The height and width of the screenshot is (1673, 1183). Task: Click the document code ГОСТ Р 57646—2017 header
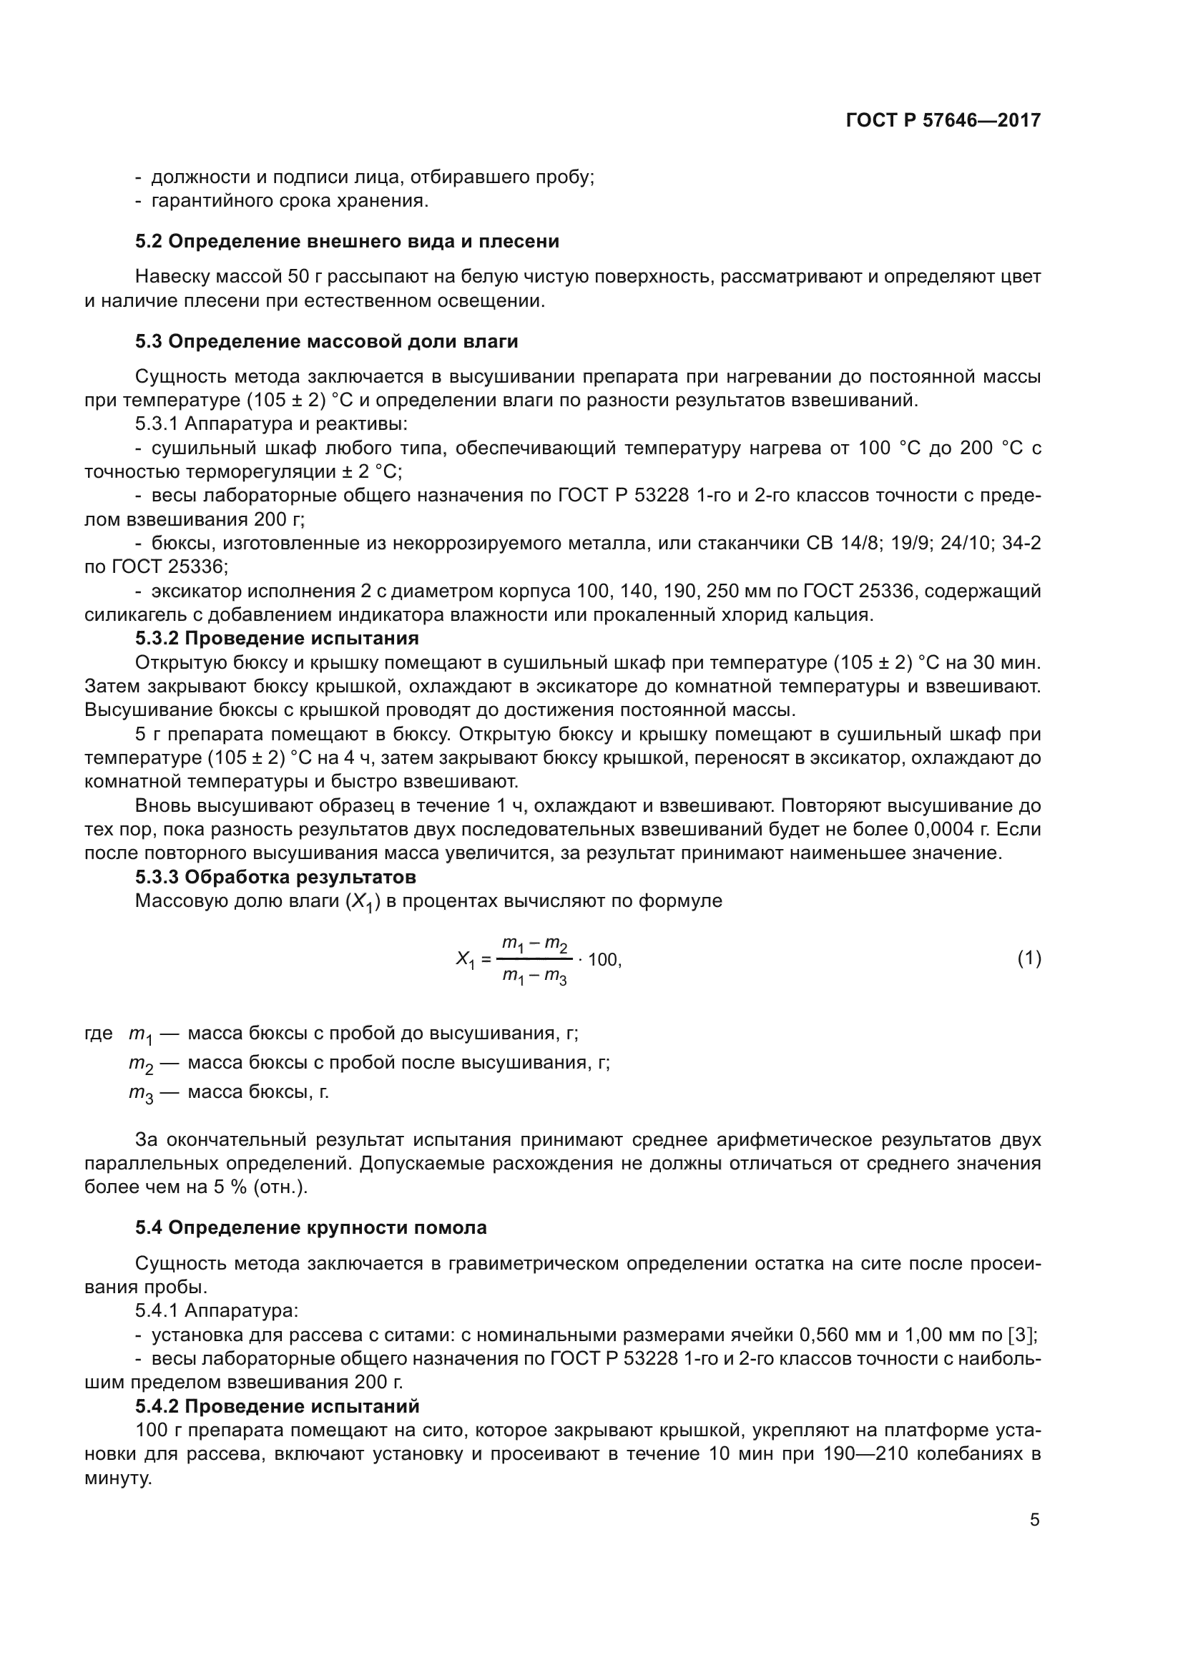943,120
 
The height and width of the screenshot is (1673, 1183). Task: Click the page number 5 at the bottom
1034,1520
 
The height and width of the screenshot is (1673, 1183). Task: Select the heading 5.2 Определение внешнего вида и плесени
347,241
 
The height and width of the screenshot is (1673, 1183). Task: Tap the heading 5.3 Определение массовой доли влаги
326,341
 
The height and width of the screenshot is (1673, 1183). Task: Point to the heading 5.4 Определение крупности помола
310,1228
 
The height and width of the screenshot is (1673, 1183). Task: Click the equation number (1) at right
1029,959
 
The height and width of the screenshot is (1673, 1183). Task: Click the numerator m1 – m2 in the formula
535,945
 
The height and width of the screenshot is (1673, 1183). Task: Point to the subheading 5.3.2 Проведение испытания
277,638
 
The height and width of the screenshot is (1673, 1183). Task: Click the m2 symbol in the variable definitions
142,1064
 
